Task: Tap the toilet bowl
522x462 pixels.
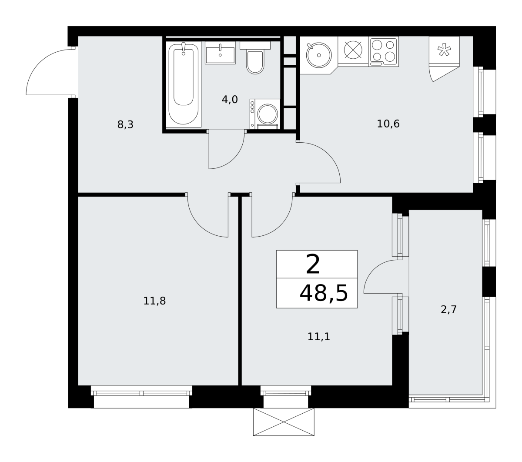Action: (x=255, y=62)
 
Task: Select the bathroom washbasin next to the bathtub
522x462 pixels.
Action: (x=220, y=53)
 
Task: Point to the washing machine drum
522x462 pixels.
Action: (x=268, y=114)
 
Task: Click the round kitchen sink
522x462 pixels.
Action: (x=319, y=55)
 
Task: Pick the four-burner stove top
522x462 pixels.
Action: (x=383, y=51)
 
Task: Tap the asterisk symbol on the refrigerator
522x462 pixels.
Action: (x=445, y=50)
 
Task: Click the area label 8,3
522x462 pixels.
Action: (x=125, y=125)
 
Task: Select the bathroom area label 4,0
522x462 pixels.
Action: (x=230, y=100)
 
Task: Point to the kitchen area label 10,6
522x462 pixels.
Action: (x=388, y=124)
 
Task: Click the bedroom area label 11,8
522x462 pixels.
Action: (x=154, y=301)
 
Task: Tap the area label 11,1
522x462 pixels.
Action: (x=319, y=337)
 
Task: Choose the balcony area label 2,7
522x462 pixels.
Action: (x=448, y=309)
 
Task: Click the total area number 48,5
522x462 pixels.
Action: (x=324, y=293)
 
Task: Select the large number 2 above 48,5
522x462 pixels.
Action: (x=313, y=264)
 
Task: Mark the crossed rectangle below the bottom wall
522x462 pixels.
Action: (x=284, y=422)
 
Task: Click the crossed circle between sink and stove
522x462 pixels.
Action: (x=353, y=50)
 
